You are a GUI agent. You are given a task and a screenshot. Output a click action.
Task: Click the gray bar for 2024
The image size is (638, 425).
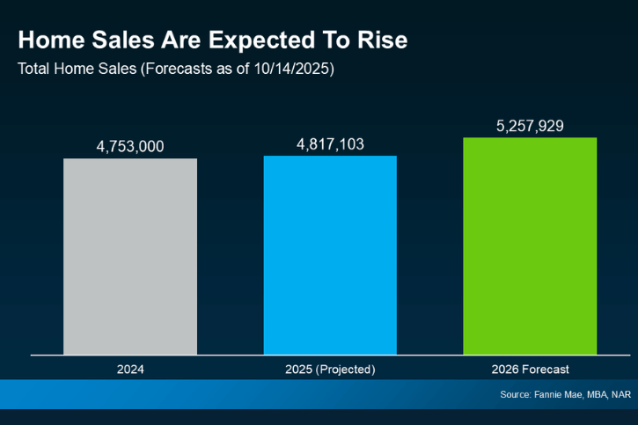[x=130, y=256]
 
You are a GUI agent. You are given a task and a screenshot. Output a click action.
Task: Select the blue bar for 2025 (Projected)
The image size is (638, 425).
[x=330, y=255]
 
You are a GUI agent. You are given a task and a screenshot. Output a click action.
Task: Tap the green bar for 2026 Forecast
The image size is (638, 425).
[x=530, y=245]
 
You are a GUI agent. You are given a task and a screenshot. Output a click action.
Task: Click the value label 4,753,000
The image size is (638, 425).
[x=130, y=146]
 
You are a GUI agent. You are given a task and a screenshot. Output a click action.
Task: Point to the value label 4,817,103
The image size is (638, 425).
[x=330, y=143]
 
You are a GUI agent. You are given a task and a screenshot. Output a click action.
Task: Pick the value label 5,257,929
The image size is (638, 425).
[x=530, y=126]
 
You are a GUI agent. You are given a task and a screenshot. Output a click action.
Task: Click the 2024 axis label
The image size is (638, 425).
[x=130, y=370]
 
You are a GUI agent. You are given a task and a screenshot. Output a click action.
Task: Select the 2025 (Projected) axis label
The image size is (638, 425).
[x=330, y=370]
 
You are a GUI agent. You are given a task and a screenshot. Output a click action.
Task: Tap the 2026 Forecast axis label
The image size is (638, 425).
[x=530, y=370]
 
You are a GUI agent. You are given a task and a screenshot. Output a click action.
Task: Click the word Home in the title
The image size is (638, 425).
[x=48, y=40]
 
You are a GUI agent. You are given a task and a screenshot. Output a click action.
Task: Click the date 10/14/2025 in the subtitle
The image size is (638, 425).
[x=292, y=68]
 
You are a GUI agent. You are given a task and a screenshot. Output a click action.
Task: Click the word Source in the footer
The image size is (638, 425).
[x=516, y=395]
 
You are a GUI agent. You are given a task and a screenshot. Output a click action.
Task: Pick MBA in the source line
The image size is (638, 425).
[x=599, y=395]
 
